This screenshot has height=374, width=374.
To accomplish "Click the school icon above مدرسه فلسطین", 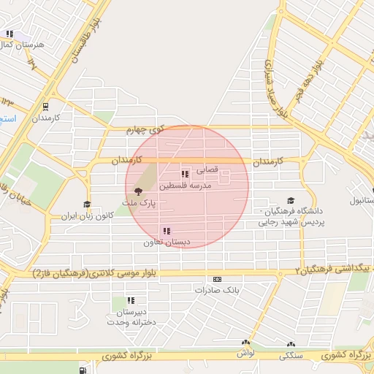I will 185,174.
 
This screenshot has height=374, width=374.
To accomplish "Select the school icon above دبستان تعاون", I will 167,231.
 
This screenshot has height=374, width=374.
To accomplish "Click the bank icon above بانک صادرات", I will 217,279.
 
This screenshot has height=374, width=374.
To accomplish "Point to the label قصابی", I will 205,169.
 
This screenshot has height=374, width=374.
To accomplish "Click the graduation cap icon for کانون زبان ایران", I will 87,205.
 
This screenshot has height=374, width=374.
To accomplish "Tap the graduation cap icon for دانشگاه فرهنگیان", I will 291,200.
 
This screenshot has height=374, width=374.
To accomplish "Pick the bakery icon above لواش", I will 245,343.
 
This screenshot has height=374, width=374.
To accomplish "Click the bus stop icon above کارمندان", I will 46,105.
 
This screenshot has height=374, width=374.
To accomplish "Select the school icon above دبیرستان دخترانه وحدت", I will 131,300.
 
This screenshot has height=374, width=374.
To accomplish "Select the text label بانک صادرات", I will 217,290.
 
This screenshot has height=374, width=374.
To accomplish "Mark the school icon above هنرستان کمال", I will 10,34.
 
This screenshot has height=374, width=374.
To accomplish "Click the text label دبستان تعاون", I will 167,242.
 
